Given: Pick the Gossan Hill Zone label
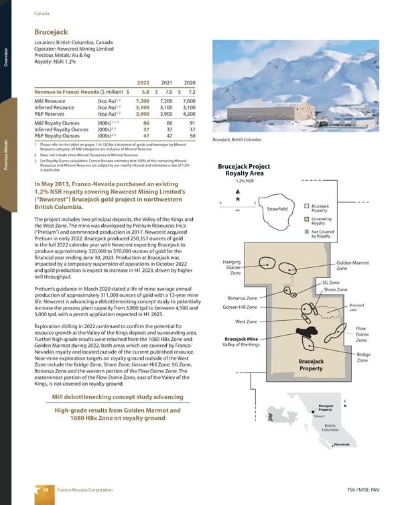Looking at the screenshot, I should click(239, 307).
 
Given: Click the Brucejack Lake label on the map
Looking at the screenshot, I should click(356, 307).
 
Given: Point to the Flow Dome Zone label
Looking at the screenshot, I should click(362, 334).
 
